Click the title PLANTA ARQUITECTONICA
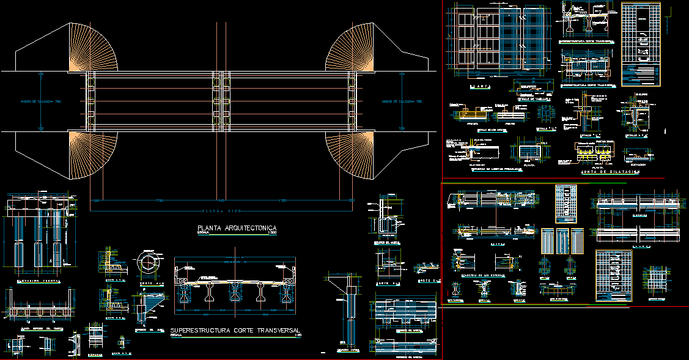click(x=237, y=228)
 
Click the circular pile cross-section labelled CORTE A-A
click(x=146, y=263)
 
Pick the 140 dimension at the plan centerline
click(x=221, y=200)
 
